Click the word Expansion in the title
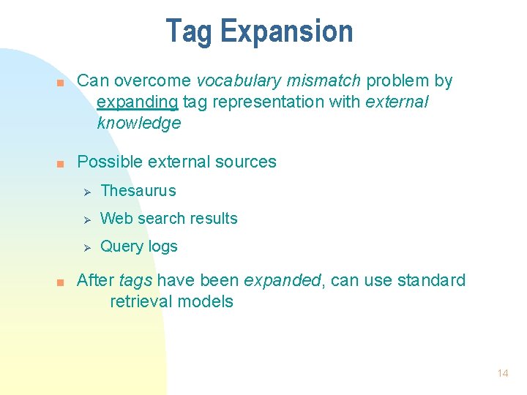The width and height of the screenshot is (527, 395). pos(286,31)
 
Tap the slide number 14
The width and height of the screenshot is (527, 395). pos(502,373)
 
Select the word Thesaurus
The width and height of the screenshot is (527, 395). pos(138,191)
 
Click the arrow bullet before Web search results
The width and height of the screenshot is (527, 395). pos(86,219)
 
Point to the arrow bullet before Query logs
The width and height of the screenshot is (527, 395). pos(86,247)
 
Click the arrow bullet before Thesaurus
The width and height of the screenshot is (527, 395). pos(86,191)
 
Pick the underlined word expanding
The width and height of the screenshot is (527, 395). pos(138,102)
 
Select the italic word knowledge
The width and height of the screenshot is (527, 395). pos(138,123)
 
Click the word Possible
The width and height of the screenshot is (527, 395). pos(107,162)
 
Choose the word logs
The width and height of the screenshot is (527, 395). pos(161,247)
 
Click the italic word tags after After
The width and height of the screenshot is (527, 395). pos(135,281)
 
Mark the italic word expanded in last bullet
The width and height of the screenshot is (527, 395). pos(282,281)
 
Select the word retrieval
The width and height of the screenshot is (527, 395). pos(139,301)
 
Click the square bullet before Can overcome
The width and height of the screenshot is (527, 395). pos(62,82)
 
